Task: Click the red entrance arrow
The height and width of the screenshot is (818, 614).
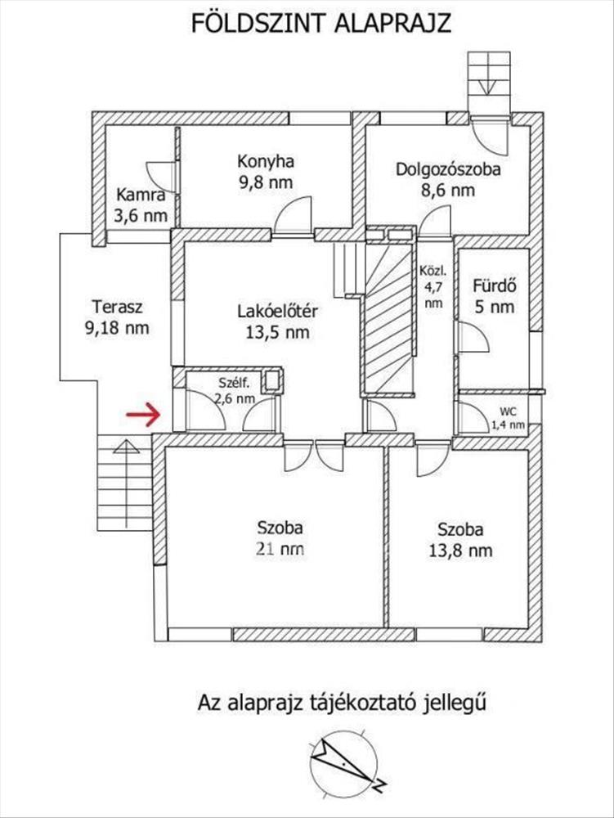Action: [143, 415]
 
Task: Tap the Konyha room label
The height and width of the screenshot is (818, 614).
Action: [265, 161]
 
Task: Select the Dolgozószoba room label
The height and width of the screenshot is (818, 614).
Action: [448, 169]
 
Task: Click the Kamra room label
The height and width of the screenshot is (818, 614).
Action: [141, 195]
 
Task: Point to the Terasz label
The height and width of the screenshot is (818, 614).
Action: [117, 306]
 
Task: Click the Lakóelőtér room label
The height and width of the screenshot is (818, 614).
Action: [278, 312]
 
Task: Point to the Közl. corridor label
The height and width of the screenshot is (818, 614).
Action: [433, 272]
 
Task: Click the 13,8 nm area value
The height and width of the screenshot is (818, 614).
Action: [460, 551]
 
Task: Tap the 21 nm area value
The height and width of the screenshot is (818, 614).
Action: [280, 549]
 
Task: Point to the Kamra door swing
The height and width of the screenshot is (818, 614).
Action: [160, 178]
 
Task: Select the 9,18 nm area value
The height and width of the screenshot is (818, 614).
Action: [117, 328]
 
